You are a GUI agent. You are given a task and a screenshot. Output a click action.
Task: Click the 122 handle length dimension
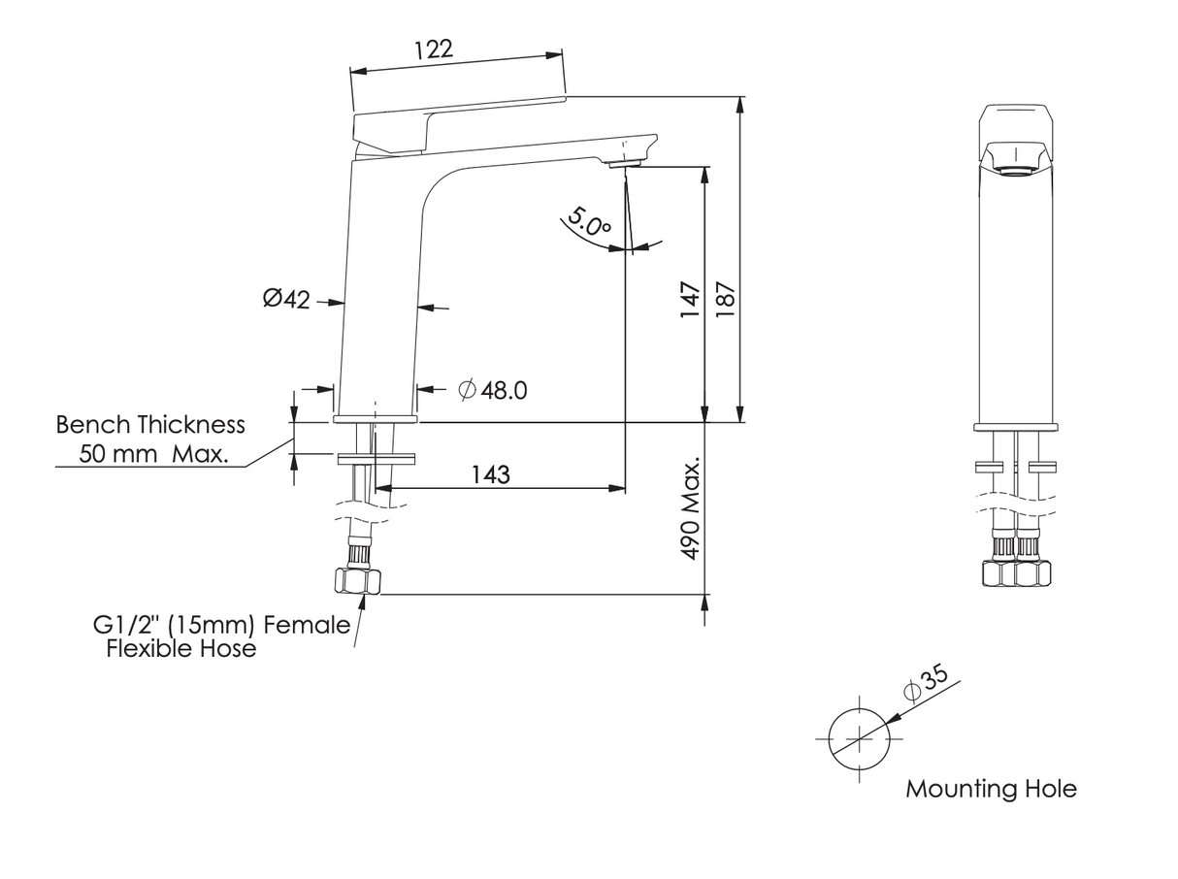(433, 49)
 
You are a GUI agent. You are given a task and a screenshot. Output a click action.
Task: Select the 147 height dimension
(690, 301)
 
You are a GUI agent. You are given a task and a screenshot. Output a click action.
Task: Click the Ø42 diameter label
(286, 299)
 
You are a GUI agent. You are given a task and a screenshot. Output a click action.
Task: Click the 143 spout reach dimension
(491, 473)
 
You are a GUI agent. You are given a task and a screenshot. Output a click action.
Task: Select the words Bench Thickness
(150, 425)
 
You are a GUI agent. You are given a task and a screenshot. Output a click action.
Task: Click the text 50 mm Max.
(154, 453)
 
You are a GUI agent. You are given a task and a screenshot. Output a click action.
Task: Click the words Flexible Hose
(181, 649)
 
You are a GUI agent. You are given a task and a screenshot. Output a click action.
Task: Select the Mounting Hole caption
(991, 789)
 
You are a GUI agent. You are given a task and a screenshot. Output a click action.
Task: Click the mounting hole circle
(860, 736)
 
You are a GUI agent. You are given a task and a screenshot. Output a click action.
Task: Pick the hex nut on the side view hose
(357, 581)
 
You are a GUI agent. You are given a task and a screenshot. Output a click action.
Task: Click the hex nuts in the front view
(1016, 573)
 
